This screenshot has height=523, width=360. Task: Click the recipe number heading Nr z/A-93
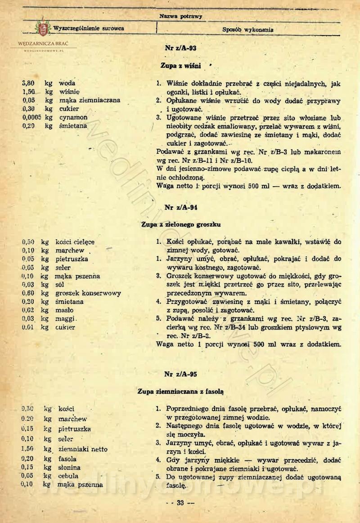pos(180,47)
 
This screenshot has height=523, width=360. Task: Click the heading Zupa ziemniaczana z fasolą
pos(181,391)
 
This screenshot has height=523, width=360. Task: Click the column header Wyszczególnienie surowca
pos(89,29)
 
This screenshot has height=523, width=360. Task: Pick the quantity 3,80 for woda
pos(29,83)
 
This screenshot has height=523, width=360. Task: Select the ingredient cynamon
pos(73,117)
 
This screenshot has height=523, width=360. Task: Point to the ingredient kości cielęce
pos(75,242)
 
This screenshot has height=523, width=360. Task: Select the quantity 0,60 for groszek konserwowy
pos(29,293)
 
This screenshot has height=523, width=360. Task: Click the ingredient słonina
pos(68,467)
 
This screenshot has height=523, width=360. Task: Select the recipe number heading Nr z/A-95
pos(180,374)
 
